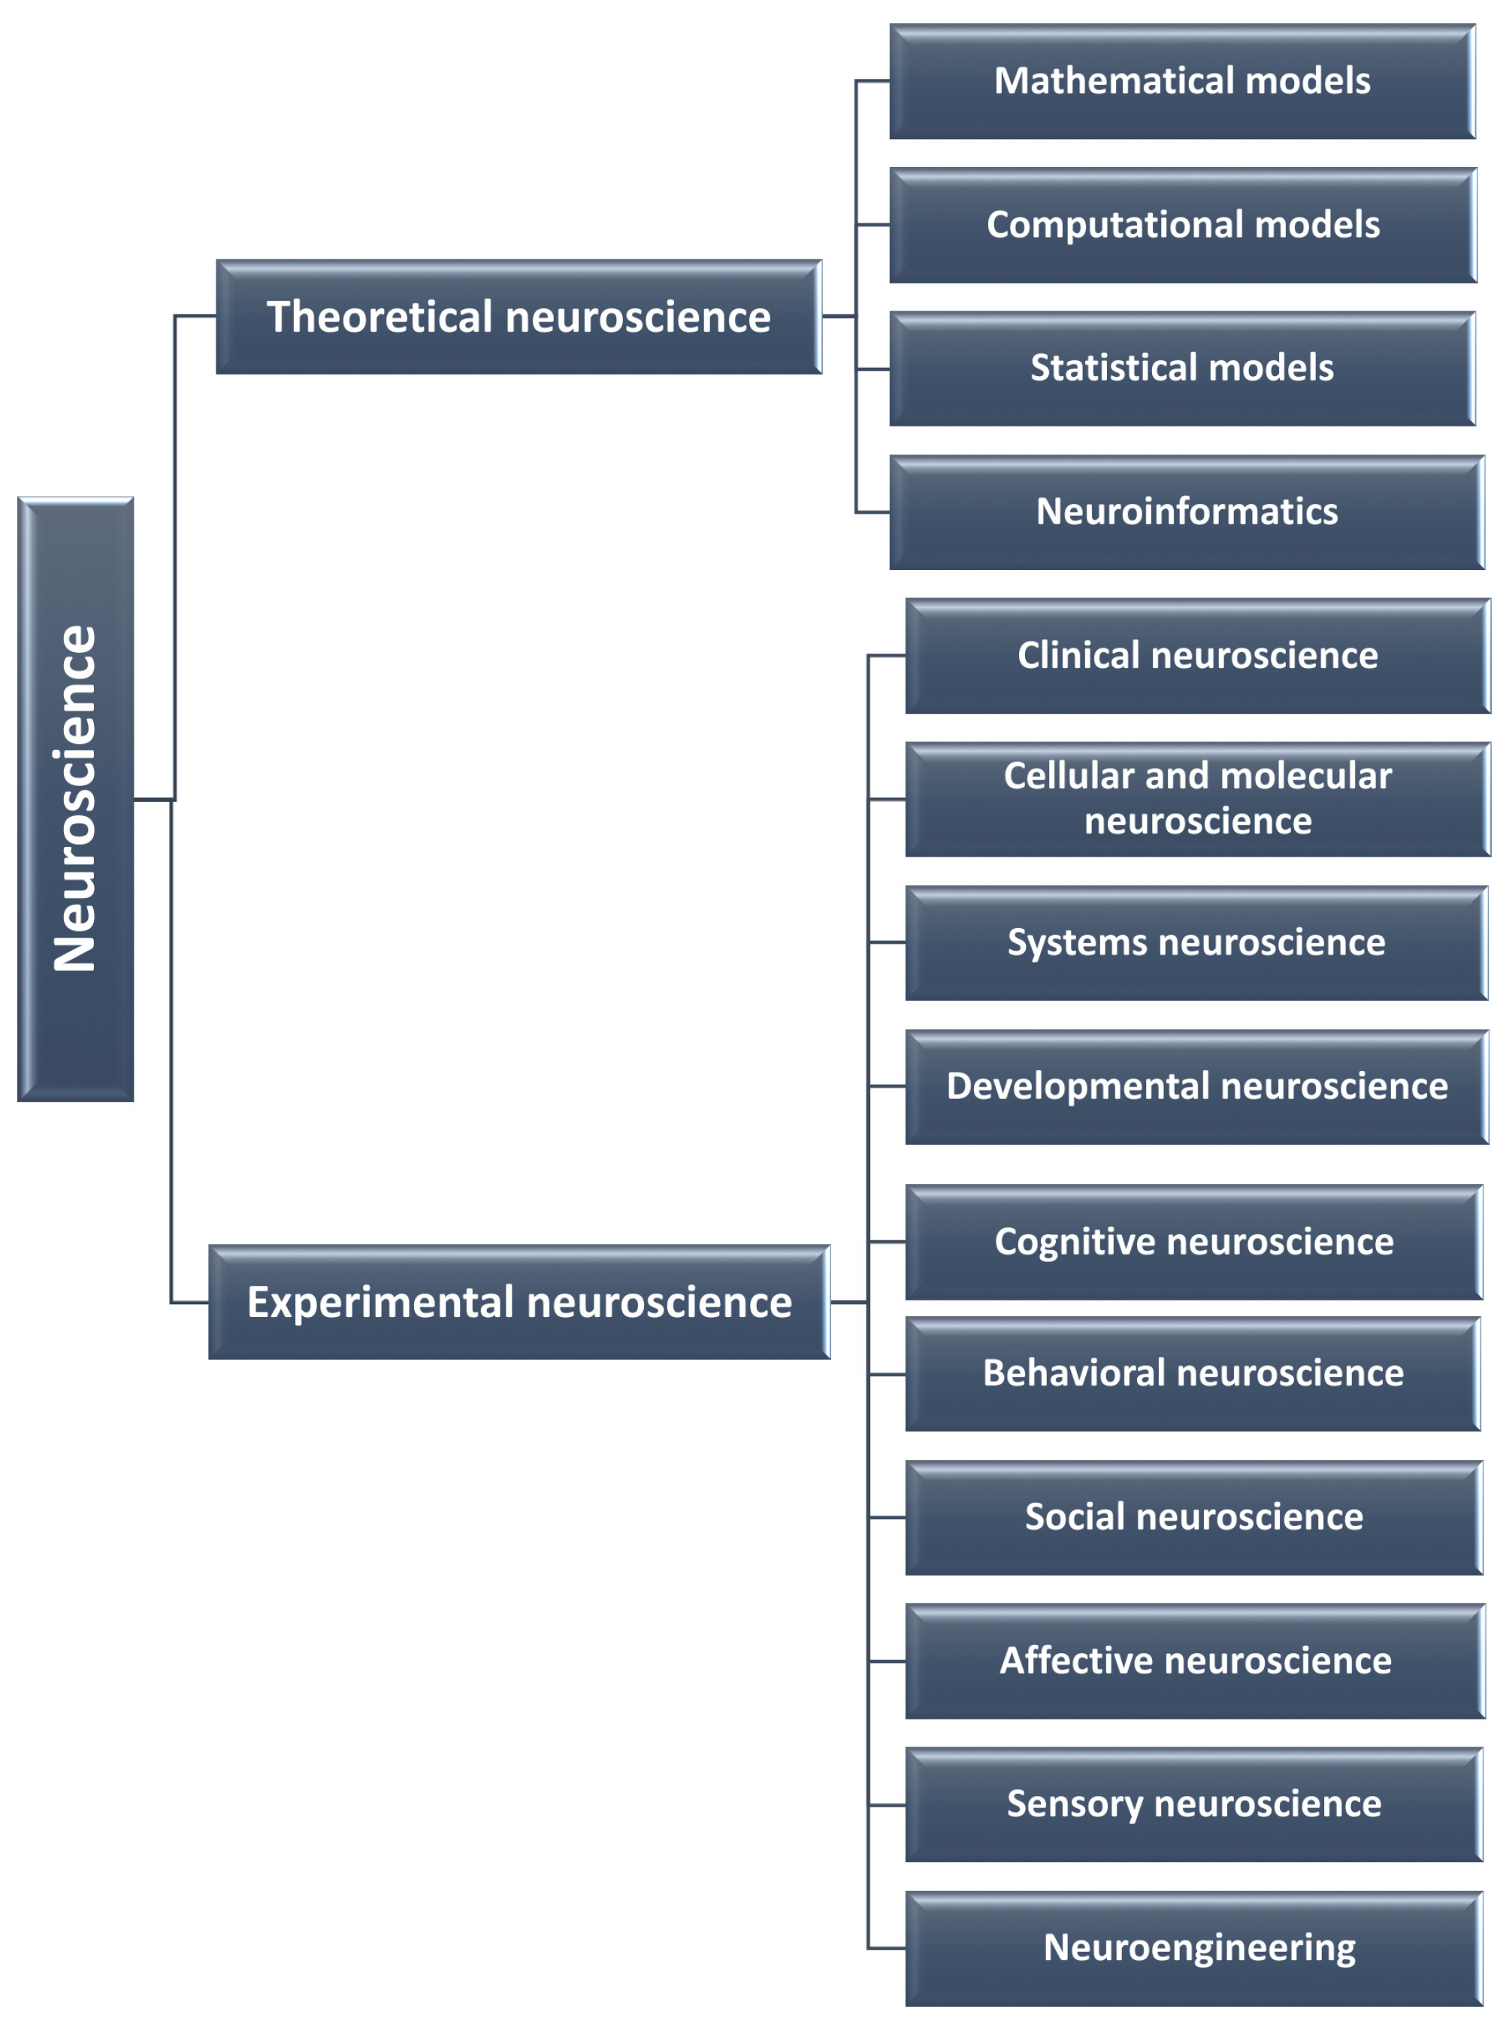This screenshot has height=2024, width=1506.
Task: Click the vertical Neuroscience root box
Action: click(76, 799)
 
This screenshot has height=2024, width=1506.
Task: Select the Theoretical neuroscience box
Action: click(519, 317)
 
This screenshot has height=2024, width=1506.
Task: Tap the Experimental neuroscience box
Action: click(519, 1302)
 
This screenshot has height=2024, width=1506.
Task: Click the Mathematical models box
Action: click(1181, 81)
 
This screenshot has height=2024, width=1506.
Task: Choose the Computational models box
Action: click(1182, 224)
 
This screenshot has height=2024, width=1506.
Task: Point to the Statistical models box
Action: click(1181, 369)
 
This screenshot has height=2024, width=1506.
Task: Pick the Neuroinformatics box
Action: click(1186, 511)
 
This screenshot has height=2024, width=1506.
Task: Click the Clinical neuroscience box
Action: click(1197, 656)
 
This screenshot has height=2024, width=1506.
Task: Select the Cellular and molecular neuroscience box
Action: click(1197, 799)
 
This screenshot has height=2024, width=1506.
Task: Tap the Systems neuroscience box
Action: click(1196, 942)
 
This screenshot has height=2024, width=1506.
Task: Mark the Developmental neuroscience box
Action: click(1196, 1086)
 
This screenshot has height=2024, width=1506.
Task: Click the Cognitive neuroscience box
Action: click(1193, 1241)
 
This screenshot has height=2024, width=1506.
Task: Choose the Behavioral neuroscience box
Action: click(1193, 1373)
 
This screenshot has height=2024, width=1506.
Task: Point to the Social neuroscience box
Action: click(1193, 1517)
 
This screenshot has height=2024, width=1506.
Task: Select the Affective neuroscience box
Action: click(1195, 1660)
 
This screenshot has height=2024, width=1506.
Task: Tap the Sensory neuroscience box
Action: click(1193, 1804)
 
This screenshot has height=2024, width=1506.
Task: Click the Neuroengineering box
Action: click(1193, 1947)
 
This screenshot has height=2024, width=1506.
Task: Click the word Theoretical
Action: click(380, 317)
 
